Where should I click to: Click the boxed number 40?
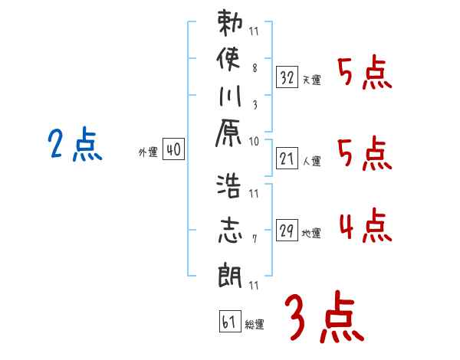(x=173, y=151)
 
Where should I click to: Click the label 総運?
(x=255, y=324)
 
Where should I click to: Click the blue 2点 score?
(x=74, y=145)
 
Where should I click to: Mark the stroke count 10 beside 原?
(x=255, y=141)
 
